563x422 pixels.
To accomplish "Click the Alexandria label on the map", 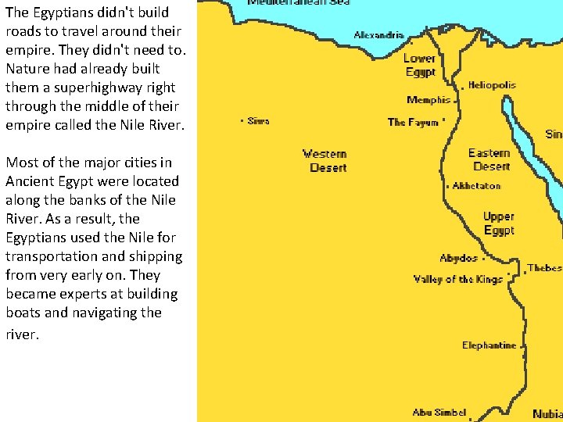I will tap(379, 35).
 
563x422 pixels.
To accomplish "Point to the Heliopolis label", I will tap(492, 85).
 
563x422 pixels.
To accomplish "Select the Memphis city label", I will tap(429, 100).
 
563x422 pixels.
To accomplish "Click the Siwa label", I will tap(258, 121).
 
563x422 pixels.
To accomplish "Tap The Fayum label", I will tap(413, 122).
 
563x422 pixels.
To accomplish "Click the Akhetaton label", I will tap(476, 186).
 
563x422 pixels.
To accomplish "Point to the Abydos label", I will tap(458, 258).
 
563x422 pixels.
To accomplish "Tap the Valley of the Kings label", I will tap(458, 279).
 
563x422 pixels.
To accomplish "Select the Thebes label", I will tap(544, 268).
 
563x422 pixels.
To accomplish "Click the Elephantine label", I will tap(489, 345).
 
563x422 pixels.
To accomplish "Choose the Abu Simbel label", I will tap(439, 413).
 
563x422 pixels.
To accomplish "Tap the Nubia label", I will tap(547, 414).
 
